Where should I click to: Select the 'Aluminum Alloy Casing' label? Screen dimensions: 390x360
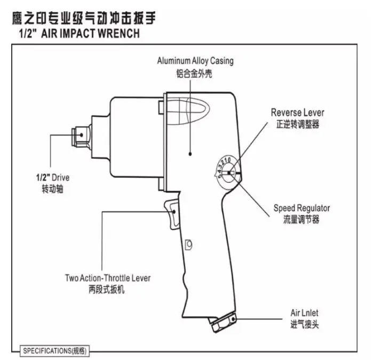click(195, 61)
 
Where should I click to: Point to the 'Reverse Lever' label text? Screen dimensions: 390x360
click(297, 113)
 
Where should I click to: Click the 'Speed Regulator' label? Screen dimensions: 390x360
click(301, 208)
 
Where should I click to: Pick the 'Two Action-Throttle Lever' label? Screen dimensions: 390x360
click(108, 278)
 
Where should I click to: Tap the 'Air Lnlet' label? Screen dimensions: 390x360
click(304, 313)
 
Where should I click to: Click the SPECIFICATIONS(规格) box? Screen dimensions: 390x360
click(55, 351)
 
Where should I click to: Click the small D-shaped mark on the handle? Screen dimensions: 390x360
click(188, 245)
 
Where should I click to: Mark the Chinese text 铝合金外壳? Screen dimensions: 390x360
click(195, 74)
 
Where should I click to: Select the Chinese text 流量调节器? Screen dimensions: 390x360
click(301, 220)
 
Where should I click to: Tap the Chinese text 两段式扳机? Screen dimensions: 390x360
click(108, 290)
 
